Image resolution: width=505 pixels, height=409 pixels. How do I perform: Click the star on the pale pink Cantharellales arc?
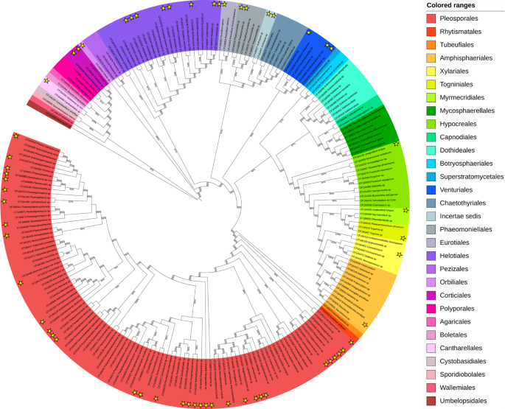(x=47, y=80)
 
